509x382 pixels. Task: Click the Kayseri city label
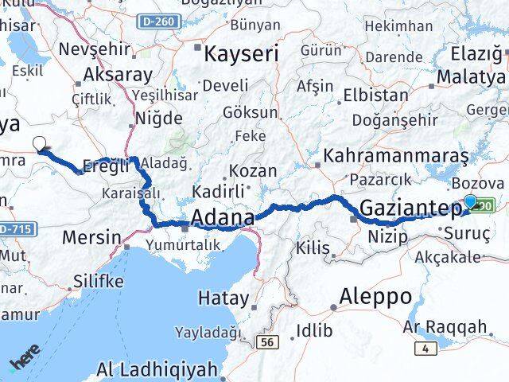(x=242, y=54)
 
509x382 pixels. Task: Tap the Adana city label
(x=222, y=217)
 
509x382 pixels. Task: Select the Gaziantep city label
(x=410, y=209)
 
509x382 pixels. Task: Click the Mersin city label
(x=92, y=237)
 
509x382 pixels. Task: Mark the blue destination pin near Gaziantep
(x=470, y=203)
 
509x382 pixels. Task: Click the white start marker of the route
(x=41, y=144)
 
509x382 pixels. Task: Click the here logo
(x=24, y=363)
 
